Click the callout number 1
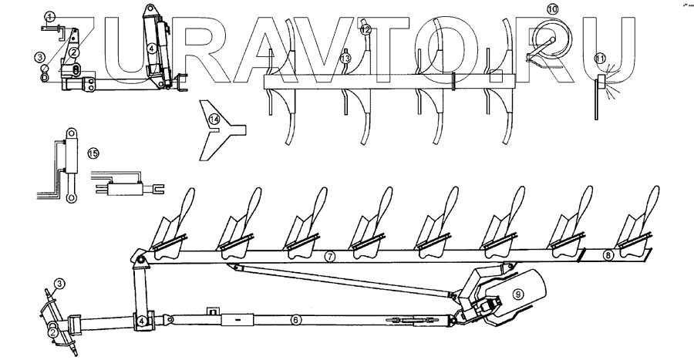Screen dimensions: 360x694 50,16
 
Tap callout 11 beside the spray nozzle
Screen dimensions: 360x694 600,56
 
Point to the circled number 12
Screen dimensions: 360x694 366,29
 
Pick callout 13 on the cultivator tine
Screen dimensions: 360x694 345,58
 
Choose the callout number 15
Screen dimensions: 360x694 93,153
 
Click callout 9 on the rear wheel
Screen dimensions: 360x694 518,292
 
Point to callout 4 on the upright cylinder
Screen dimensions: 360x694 153,47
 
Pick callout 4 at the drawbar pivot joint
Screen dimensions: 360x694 143,320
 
